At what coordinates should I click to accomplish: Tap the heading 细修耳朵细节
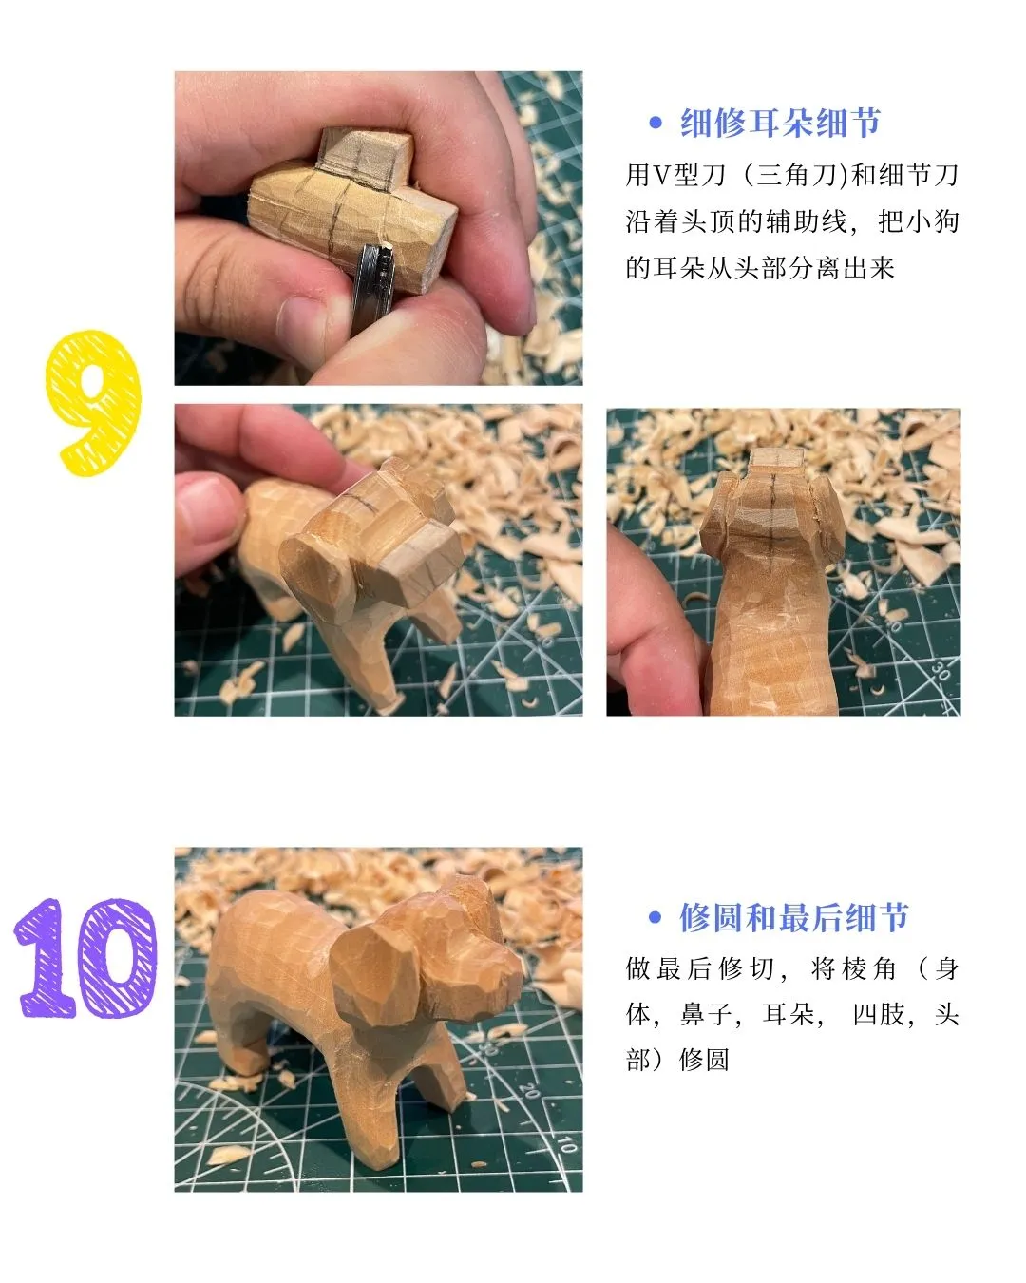780,124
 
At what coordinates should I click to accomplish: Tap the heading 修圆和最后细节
793,917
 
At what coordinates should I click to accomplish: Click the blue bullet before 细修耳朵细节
655,123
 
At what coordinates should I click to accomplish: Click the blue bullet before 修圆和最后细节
655,917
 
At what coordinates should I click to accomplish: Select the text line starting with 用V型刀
791,175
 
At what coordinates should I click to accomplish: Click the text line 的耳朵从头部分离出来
760,268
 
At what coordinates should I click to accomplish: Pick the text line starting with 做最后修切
791,968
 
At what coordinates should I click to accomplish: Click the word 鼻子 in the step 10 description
706,1014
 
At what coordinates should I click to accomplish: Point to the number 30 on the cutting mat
940,672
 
